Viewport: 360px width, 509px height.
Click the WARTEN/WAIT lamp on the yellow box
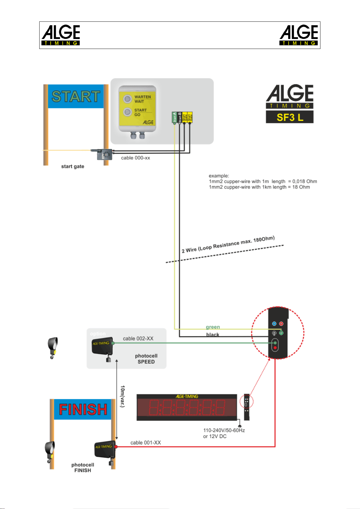128,99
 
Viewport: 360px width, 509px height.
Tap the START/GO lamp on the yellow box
127,112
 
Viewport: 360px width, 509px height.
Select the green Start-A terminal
174,117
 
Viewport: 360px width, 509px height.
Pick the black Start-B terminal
179,117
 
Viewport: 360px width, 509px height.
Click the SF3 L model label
290,117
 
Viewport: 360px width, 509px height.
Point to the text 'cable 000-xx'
135,158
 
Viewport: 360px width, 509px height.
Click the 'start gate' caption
72,166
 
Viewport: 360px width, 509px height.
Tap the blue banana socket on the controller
274,324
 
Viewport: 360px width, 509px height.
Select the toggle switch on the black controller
274,333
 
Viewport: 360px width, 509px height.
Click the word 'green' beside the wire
213,327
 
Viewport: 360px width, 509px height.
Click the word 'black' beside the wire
213,335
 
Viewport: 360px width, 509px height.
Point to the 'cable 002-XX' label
138,339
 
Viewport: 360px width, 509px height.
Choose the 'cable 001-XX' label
146,443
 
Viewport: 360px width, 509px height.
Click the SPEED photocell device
102,346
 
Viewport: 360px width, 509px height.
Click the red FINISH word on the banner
83,410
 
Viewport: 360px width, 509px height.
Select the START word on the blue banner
76,97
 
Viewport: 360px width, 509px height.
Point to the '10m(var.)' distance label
122,396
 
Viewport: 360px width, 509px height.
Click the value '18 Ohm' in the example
301,187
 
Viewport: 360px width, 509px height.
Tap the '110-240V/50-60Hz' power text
224,430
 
